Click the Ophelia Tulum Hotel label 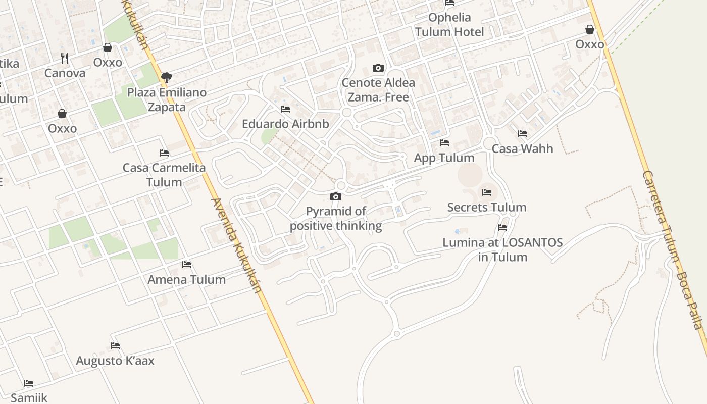449,25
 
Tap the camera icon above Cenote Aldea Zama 378,68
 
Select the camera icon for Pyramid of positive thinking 336,196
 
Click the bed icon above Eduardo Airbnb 285,109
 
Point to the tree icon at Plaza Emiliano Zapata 166,78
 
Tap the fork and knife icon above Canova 64,58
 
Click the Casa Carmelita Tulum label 164,175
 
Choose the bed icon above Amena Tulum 187,265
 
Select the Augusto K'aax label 115,361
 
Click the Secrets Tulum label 487,207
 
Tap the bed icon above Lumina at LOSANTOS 502,228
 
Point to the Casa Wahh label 522,148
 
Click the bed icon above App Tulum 444,143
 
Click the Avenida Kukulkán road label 236,245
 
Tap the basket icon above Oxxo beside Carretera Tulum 589,29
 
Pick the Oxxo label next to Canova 108,62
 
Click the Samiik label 29,397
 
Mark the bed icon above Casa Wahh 523,134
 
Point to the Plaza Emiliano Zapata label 167,99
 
